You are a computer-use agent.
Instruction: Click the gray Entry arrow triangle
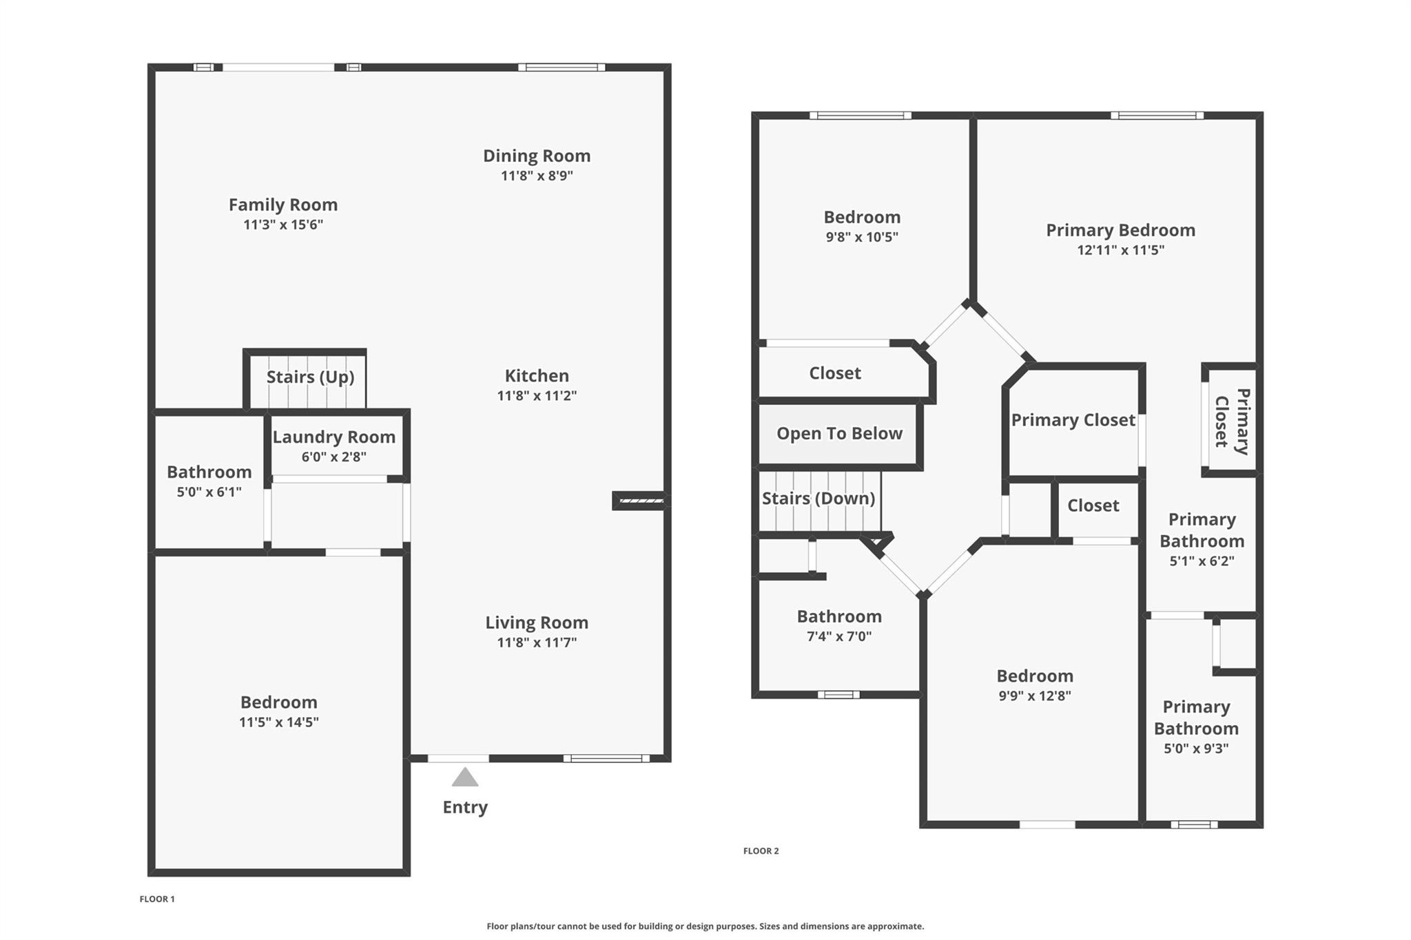(x=465, y=777)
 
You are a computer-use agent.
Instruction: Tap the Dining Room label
(x=537, y=156)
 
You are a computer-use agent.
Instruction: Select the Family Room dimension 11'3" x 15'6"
(x=283, y=224)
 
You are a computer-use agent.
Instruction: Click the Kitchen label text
(x=537, y=375)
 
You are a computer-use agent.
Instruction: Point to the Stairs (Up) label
(x=310, y=377)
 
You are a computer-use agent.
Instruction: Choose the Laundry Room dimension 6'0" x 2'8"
(x=334, y=457)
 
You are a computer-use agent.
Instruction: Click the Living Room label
(x=537, y=623)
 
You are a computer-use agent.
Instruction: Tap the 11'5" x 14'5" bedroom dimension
(x=279, y=722)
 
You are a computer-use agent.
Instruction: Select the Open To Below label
(x=839, y=433)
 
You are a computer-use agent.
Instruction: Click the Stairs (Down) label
(x=818, y=498)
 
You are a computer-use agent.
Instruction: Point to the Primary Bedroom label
(x=1120, y=230)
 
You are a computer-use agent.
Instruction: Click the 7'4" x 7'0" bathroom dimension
(x=839, y=636)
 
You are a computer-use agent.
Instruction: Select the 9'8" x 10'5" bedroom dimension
(x=862, y=237)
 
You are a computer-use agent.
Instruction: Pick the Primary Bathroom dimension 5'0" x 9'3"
(x=1196, y=749)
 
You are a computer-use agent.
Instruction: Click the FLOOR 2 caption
(x=761, y=851)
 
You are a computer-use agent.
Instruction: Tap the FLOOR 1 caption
(x=157, y=899)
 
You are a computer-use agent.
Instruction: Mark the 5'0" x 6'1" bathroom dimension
(x=209, y=492)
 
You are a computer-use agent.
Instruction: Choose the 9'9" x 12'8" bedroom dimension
(x=1035, y=696)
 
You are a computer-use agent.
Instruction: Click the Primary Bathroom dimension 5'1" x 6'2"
(x=1202, y=561)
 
